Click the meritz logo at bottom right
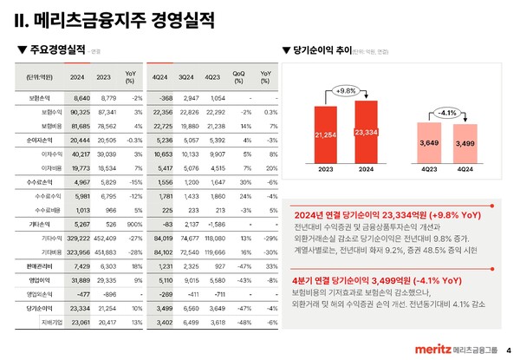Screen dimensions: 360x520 427,349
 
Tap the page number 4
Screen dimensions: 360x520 509,350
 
